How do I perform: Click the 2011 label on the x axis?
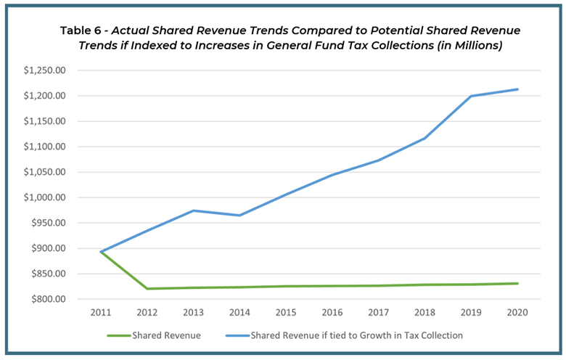[101, 312]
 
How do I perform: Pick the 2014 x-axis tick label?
[240, 312]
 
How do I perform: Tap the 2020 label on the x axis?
[517, 312]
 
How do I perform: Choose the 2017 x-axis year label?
[379, 312]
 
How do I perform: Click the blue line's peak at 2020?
[517, 89]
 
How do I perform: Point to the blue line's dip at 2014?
[240, 215]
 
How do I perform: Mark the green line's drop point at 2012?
[147, 289]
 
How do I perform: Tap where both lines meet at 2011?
[101, 252]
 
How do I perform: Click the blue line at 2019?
[471, 96]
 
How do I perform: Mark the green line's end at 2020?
[517, 284]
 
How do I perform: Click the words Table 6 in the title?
[85, 32]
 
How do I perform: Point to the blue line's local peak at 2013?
[194, 210]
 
